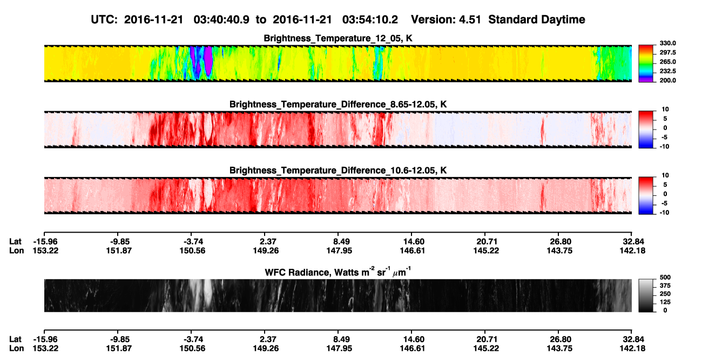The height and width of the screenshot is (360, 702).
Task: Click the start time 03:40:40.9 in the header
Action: click(221, 19)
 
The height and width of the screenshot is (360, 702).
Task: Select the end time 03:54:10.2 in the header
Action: click(370, 19)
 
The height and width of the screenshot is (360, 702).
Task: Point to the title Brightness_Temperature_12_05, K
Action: click(338, 38)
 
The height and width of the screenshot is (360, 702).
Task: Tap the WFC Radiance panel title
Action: click(338, 272)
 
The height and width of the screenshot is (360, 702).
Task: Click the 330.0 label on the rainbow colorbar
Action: click(667, 43)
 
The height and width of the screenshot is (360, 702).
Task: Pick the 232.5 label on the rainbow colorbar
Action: click(667, 71)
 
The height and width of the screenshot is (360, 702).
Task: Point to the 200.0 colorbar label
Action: click(667, 80)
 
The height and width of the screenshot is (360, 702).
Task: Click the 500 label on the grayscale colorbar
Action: click(665, 277)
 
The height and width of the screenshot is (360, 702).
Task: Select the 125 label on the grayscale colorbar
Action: click(665, 302)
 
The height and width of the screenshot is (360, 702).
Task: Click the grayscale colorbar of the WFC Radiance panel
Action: click(646, 295)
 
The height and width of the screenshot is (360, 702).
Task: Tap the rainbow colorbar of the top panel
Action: click(646, 64)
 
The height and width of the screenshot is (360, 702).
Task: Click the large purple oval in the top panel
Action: click(208, 61)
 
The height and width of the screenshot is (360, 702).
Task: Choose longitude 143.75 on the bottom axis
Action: click(559, 349)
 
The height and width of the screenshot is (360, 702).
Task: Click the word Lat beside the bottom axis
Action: click(15, 339)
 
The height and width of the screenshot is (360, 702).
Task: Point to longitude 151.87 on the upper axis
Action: click(119, 250)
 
